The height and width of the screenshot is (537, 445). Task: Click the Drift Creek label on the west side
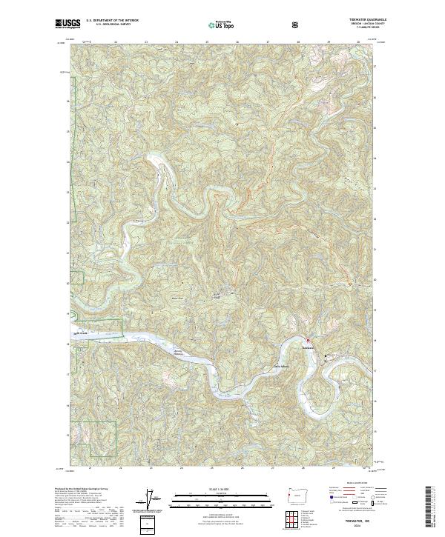pos(82,334)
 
